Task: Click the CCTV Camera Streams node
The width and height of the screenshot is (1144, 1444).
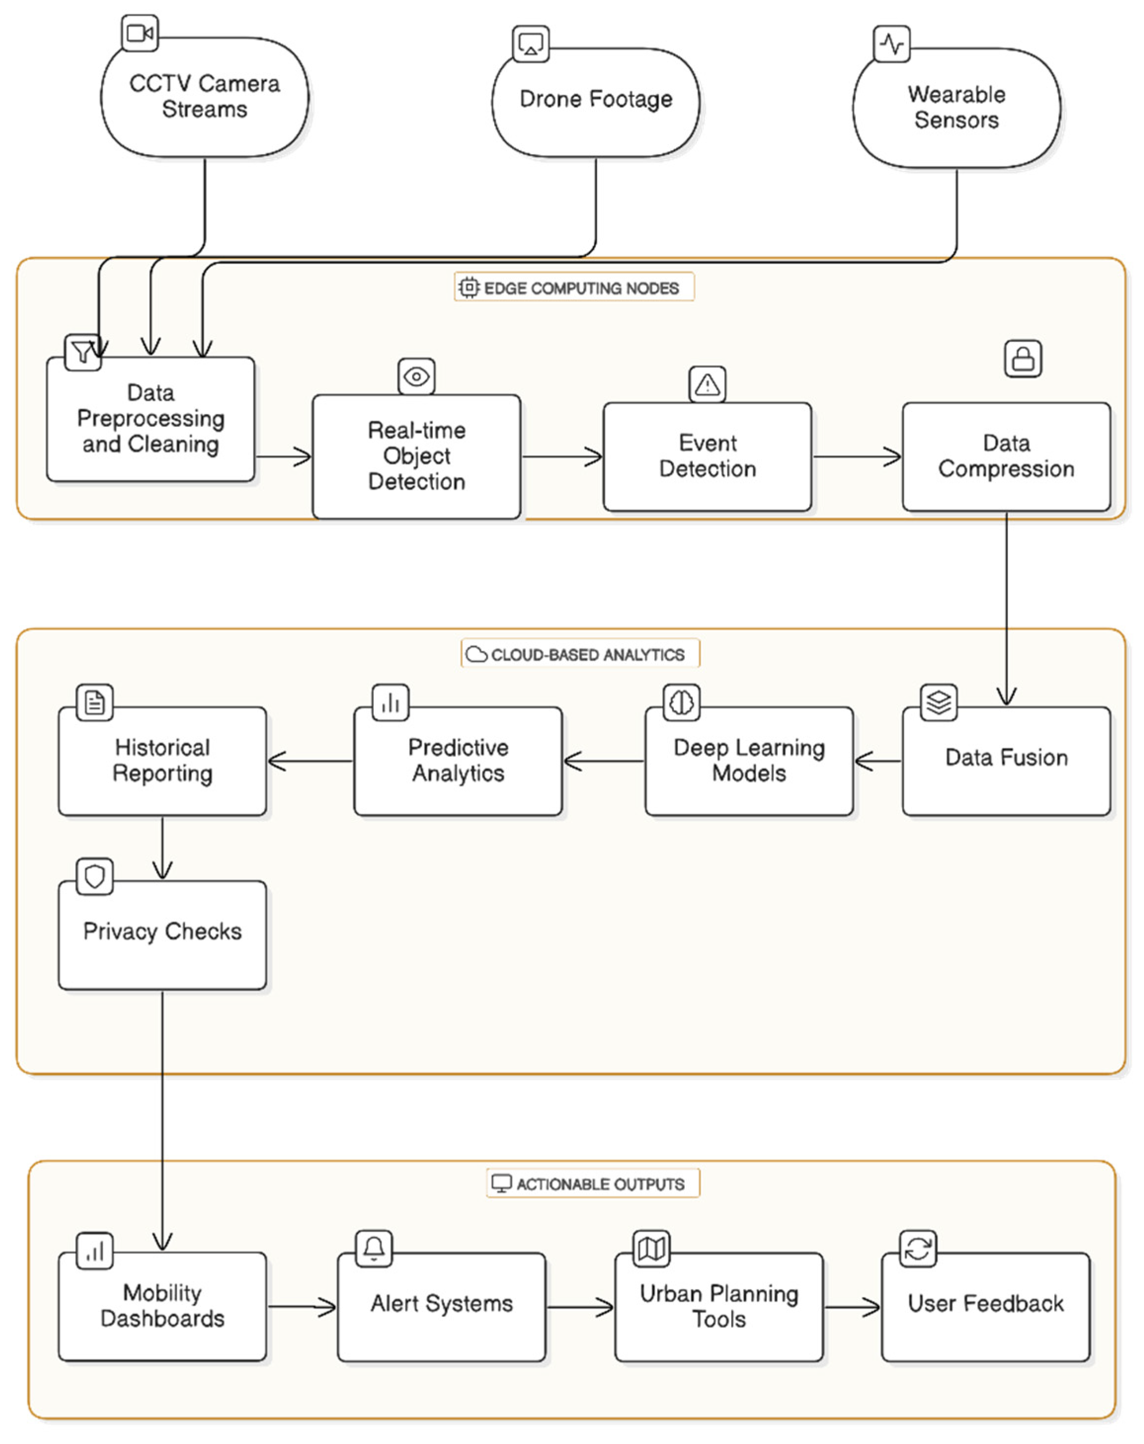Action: (x=204, y=97)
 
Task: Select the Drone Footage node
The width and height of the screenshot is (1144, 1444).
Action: (x=595, y=100)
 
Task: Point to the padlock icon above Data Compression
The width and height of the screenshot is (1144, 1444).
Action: (x=1023, y=359)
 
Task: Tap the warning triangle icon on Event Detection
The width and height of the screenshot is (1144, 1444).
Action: (x=708, y=384)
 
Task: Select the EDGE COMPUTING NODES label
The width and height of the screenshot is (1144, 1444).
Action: (x=574, y=288)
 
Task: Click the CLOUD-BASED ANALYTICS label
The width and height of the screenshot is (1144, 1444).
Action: (x=580, y=654)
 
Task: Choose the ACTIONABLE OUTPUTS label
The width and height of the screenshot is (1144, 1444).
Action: (x=593, y=1183)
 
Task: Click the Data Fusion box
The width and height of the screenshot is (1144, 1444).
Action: (x=1006, y=761)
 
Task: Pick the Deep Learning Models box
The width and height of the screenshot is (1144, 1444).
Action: (x=749, y=761)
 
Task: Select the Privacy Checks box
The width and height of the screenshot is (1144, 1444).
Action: (x=162, y=934)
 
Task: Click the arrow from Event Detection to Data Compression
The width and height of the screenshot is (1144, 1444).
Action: (x=857, y=457)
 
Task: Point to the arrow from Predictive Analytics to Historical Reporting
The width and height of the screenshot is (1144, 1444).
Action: (x=310, y=761)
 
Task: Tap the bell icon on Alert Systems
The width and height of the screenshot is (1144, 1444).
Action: (x=374, y=1248)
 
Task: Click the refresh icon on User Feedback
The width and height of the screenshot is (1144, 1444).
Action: (x=917, y=1248)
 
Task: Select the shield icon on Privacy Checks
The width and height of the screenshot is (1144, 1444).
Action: (x=94, y=876)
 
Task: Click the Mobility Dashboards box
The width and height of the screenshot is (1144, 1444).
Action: (x=162, y=1306)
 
